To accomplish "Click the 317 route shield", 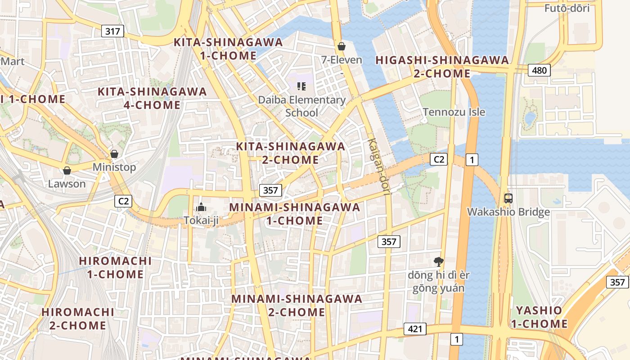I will pyautogui.click(x=112, y=31).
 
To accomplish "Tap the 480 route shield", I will pyautogui.click(x=539, y=70).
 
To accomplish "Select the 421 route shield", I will pyautogui.click(x=414, y=329).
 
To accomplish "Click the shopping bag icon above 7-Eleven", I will pyautogui.click(x=342, y=46).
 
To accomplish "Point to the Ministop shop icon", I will pyautogui.click(x=114, y=154).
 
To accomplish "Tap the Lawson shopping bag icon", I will pyautogui.click(x=67, y=171).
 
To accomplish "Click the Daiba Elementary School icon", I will pyautogui.click(x=301, y=86).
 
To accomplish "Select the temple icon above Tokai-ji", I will pyautogui.click(x=201, y=207).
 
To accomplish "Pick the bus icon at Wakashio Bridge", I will pyautogui.click(x=508, y=198).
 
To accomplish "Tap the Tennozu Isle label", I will pyautogui.click(x=454, y=112).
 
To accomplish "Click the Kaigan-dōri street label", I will pyautogui.click(x=379, y=166).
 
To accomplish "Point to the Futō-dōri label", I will pyautogui.click(x=567, y=8).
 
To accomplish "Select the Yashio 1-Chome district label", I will pyautogui.click(x=539, y=317).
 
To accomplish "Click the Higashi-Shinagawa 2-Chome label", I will pyautogui.click(x=442, y=67).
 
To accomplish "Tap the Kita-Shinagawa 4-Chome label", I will pyautogui.click(x=152, y=98).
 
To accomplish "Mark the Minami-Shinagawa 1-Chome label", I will pyautogui.click(x=295, y=214).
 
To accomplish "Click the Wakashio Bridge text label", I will pyautogui.click(x=508, y=212).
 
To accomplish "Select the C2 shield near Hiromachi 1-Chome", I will pyautogui.click(x=123, y=201).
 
